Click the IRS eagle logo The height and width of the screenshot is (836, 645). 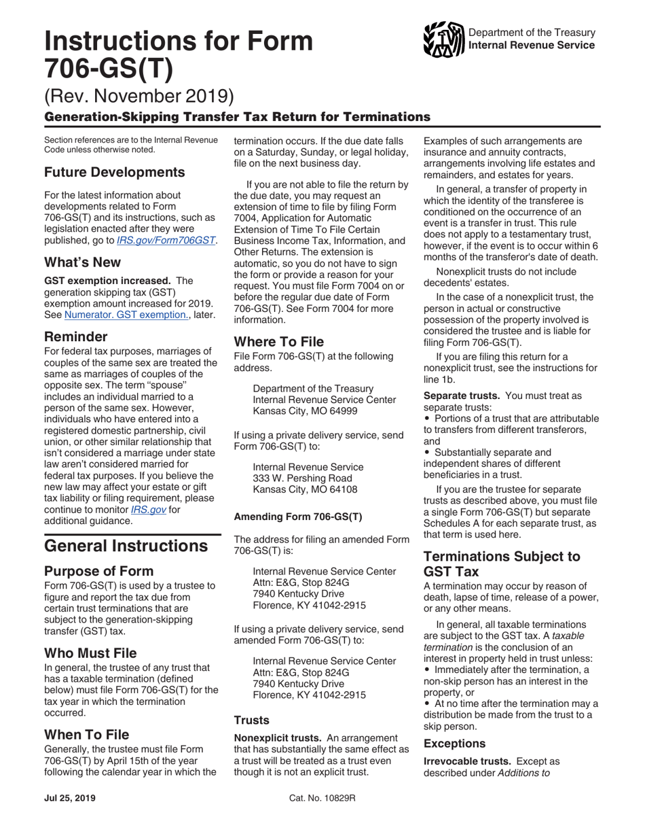pos(443,40)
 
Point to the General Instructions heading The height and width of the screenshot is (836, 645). pos(126,546)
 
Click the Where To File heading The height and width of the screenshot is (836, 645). pos(279,341)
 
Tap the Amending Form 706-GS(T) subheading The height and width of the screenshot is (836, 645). pos(298,516)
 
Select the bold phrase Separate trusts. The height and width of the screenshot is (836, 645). pos(462,395)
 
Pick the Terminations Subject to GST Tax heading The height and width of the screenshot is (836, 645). pos(502,564)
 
